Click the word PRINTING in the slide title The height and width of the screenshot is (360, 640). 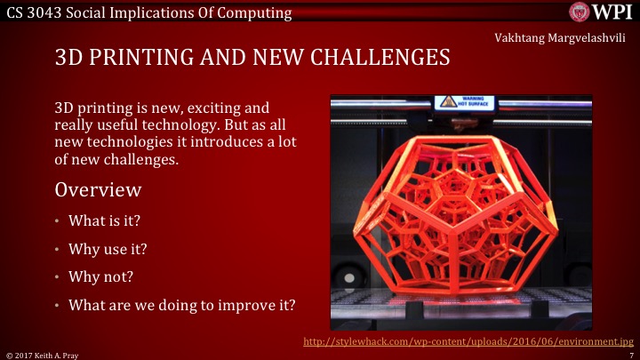[x=140, y=60]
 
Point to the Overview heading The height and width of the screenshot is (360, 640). [x=98, y=189]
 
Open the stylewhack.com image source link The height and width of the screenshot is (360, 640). [x=468, y=341]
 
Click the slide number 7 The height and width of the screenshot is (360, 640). [x=629, y=354]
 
